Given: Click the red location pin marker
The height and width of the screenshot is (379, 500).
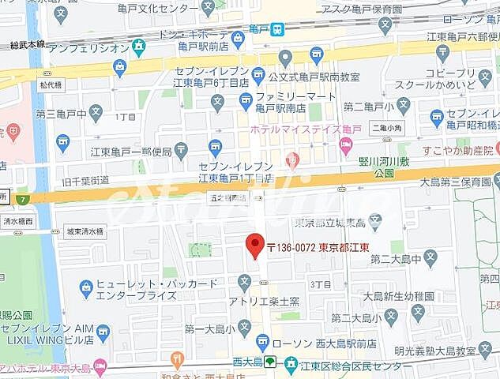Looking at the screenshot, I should click(x=254, y=246).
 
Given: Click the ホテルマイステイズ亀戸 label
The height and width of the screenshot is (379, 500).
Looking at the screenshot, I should click(x=293, y=129).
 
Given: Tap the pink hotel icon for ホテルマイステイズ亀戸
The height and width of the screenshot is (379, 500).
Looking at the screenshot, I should click(x=346, y=144).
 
